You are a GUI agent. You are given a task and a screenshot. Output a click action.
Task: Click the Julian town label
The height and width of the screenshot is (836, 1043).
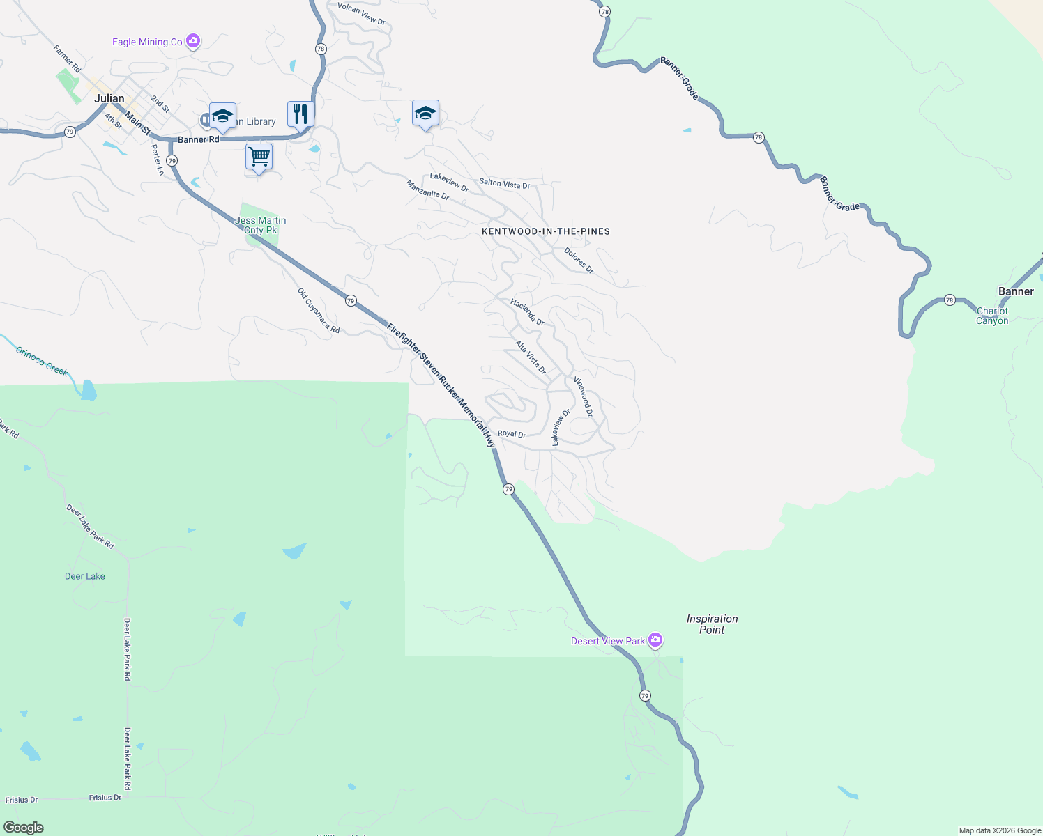[109, 98]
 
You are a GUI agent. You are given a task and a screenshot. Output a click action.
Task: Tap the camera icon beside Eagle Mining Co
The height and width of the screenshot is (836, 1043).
[193, 41]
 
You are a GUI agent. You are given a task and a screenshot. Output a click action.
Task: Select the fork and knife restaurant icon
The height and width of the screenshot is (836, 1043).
[300, 114]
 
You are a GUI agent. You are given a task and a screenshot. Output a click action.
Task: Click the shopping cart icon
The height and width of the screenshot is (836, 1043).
[259, 157]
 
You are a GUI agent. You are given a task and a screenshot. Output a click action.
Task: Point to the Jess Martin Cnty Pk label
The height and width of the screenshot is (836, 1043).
[261, 225]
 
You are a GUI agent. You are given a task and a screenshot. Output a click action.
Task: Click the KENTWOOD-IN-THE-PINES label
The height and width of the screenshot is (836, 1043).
[546, 231]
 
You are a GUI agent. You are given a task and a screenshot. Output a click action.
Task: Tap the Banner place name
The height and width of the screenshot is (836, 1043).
[1016, 291]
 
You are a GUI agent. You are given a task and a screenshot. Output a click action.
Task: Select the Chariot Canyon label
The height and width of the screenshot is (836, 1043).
[992, 316]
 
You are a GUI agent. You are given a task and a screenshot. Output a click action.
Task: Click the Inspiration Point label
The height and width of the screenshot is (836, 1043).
[712, 624]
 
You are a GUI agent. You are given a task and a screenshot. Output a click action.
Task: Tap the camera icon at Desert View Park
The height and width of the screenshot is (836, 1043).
[655, 640]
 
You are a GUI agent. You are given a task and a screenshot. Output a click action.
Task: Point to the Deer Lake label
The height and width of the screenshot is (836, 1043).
[85, 576]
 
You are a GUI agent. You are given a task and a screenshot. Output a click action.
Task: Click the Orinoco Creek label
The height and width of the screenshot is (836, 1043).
[42, 361]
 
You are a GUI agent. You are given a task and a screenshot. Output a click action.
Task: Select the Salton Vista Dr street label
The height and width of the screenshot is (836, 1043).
[504, 184]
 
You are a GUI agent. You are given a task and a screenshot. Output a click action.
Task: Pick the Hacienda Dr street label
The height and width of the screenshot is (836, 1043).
[527, 312]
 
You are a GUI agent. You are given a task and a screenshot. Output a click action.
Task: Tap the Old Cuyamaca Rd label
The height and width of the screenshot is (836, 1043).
[319, 311]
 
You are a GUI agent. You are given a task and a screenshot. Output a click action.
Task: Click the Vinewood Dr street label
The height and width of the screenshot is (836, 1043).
[584, 396]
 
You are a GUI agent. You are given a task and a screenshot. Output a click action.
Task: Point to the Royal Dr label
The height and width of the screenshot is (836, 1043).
[512, 434]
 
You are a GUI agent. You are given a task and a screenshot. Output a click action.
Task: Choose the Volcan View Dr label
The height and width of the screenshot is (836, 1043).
[361, 13]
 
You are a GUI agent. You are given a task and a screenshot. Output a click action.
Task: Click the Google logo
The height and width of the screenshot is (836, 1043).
[24, 828]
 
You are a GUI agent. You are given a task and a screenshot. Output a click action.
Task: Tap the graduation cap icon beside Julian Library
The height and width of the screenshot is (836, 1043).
[222, 116]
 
